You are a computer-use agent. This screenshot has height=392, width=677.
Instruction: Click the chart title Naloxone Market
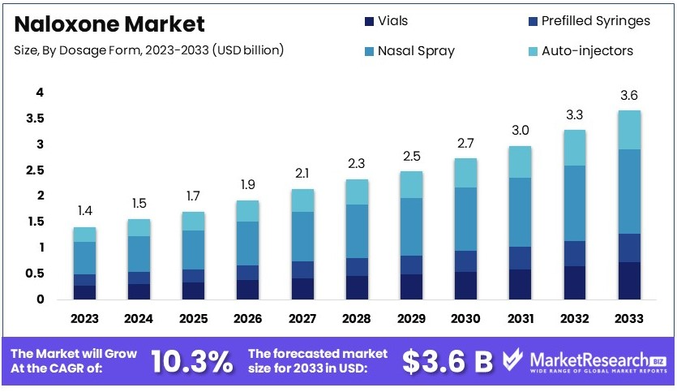109,24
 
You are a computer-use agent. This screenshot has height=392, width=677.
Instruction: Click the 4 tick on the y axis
39,93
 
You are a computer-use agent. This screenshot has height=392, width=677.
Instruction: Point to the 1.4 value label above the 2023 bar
84,211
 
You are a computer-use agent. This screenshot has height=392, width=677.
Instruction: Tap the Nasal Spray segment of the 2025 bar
193,250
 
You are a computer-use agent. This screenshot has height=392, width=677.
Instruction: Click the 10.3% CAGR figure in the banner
192,361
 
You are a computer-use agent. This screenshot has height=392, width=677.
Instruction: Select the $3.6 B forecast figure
448,361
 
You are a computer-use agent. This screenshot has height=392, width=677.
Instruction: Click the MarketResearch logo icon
514,360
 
